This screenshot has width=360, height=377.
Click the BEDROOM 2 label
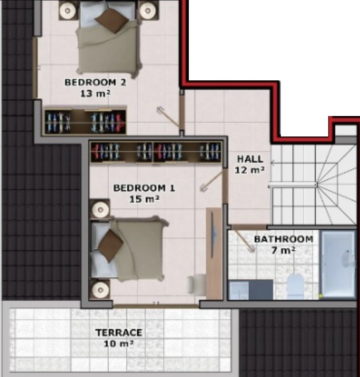(x=95, y=83)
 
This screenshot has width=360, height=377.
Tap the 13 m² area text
(x=95, y=93)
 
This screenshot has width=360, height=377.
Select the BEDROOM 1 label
(x=144, y=188)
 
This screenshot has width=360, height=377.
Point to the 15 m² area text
(x=144, y=199)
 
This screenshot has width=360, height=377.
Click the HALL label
(x=250, y=159)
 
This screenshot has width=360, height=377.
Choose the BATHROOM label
(x=284, y=239)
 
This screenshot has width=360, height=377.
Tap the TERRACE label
(x=119, y=333)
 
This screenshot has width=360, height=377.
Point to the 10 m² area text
(x=119, y=344)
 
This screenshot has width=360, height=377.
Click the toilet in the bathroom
(x=296, y=286)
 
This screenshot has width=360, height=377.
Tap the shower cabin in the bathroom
(x=338, y=264)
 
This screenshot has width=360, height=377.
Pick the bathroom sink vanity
(x=250, y=289)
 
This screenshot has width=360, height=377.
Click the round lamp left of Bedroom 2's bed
(x=67, y=11)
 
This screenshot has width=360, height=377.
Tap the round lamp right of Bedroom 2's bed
(x=148, y=11)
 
